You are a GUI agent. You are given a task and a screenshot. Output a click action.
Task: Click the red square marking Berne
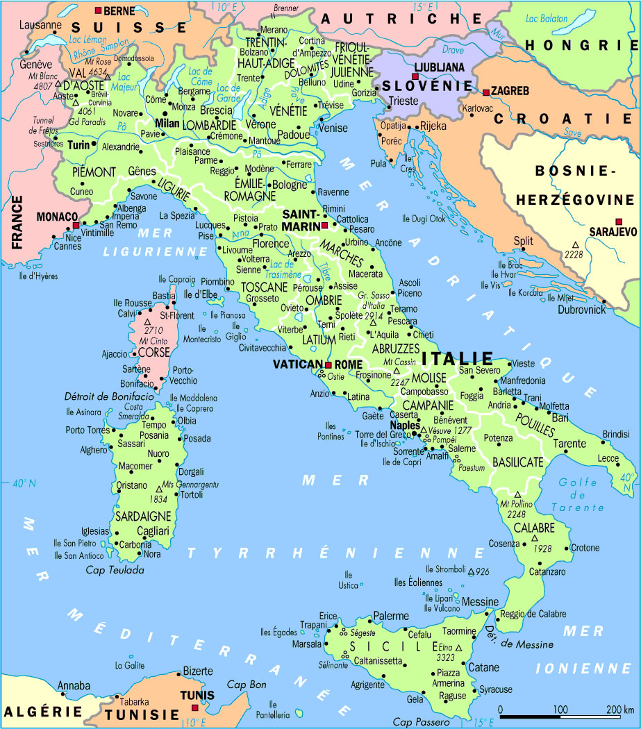[98, 10]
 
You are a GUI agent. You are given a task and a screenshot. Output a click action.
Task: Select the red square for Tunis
[194, 707]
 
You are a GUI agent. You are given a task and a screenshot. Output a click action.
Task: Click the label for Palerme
[391, 616]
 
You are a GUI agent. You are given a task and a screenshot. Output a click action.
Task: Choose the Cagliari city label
[149, 530]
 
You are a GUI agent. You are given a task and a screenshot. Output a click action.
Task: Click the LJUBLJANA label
[439, 67]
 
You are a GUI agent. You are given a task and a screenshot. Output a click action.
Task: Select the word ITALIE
[457, 359]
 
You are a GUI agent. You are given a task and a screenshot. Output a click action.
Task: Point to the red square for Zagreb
[485, 92]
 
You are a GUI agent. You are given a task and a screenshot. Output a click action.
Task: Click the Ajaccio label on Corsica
[115, 354]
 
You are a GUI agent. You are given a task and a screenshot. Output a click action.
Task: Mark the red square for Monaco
[76, 226]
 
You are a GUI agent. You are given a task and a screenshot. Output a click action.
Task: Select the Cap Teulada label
[115, 570]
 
